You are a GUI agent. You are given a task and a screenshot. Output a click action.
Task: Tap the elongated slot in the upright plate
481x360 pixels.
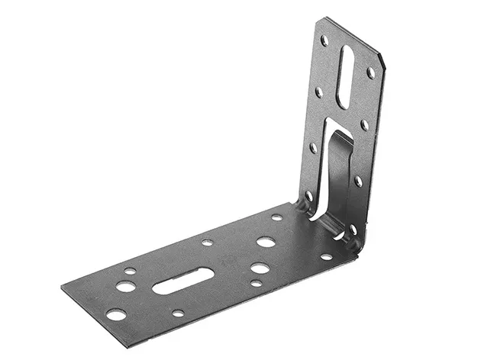click(x=345, y=76)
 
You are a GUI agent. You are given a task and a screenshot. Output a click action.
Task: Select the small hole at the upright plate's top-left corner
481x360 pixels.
click(x=324, y=40)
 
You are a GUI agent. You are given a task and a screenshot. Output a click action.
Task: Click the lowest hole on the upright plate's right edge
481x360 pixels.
click(x=353, y=228)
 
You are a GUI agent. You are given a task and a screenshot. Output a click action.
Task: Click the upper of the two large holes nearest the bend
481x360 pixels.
click(x=266, y=242)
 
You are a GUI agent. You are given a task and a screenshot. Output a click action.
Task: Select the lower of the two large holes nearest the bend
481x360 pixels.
click(x=260, y=268)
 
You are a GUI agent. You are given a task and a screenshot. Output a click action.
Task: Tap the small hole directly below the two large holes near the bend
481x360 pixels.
click(x=257, y=283)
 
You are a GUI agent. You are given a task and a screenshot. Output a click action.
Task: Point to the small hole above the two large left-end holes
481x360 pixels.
click(x=131, y=271)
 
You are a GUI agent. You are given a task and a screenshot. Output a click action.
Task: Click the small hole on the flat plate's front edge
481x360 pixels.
click(x=178, y=313)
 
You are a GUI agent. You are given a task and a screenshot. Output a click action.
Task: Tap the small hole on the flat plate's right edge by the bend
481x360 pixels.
click(x=326, y=256)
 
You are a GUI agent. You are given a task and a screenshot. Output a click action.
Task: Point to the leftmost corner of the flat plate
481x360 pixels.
click(x=62, y=289)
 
